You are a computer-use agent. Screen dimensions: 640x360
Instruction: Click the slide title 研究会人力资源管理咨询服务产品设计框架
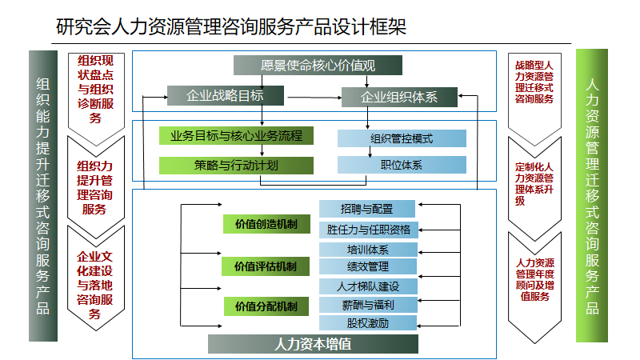tap(231, 27)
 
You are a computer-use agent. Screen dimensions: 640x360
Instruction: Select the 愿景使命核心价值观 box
tap(318, 66)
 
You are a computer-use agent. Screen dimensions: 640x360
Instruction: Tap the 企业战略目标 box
tap(226, 95)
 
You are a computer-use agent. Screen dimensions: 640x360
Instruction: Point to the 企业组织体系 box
tap(399, 97)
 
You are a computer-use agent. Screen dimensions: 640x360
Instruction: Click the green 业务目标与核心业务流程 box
tap(236, 135)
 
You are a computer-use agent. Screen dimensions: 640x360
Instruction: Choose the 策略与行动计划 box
tap(236, 166)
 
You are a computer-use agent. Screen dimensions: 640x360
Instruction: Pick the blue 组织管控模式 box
tap(402, 138)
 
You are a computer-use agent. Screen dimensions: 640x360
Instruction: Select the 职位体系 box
tap(402, 165)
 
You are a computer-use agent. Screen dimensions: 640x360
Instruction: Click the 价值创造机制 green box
tap(266, 224)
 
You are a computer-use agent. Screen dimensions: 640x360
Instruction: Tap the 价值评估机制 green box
tap(266, 266)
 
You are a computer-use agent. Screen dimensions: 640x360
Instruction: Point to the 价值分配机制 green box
tap(266, 306)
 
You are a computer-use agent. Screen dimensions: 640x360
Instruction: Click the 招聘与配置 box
tap(367, 209)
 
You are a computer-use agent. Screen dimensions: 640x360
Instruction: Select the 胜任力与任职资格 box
tap(369, 230)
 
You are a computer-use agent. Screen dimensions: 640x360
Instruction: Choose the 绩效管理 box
tap(368, 266)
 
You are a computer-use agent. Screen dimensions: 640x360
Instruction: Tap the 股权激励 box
tap(368, 323)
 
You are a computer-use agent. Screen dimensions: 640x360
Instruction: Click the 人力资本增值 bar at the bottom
tap(313, 344)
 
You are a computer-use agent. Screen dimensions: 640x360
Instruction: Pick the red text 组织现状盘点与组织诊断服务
tap(95, 90)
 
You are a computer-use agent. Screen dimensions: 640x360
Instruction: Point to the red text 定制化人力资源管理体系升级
tap(534, 184)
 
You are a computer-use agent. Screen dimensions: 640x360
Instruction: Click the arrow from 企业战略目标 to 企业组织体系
tap(314, 98)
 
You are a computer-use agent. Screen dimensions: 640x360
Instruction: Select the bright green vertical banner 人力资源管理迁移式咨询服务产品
tap(592, 195)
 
